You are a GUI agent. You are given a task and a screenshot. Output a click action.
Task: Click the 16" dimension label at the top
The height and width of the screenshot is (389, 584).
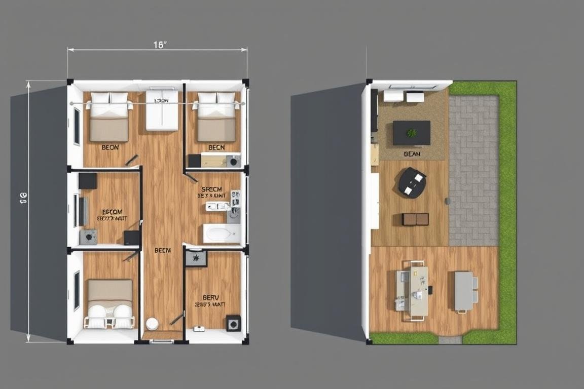160,45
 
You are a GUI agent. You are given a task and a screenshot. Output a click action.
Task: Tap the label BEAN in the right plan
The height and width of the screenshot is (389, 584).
412,153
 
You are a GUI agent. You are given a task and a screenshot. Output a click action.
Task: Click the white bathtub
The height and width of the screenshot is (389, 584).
221,234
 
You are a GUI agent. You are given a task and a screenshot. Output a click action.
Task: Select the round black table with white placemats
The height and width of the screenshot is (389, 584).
412,182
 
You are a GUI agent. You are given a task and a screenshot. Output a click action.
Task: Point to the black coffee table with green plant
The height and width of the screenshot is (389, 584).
412,133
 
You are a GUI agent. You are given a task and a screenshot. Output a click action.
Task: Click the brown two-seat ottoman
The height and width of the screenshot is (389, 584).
415,219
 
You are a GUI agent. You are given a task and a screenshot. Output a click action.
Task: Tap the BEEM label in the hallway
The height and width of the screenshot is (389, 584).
163,250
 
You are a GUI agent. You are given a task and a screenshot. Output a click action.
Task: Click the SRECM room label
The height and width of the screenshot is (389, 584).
212,189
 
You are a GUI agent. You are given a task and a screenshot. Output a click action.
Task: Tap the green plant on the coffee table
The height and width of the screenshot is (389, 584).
412,133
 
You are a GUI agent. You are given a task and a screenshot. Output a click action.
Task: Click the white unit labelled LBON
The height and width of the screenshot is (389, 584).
162,110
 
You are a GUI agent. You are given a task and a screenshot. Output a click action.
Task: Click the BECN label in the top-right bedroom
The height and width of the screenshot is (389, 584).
216,147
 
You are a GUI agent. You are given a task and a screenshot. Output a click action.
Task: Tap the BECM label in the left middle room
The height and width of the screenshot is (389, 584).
112,212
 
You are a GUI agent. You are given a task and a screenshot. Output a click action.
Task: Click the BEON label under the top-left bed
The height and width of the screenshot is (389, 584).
110,147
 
